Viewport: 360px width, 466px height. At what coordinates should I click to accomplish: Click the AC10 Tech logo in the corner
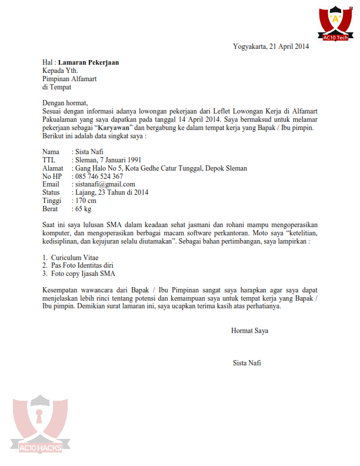[x=335, y=24]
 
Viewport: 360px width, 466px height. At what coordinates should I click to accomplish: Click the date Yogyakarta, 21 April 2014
[x=271, y=46]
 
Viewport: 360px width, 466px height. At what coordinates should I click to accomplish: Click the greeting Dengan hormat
[x=65, y=103]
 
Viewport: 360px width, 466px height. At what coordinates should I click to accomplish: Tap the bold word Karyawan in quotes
[x=114, y=128]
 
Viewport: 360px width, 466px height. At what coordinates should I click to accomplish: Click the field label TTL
[x=50, y=160]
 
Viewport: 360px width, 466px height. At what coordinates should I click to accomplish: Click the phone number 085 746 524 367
[x=99, y=177]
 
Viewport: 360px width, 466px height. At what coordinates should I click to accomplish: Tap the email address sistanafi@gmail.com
[x=105, y=184]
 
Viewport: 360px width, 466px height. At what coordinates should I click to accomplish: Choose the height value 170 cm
[x=86, y=201]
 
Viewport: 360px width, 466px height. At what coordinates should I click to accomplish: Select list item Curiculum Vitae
[x=74, y=258]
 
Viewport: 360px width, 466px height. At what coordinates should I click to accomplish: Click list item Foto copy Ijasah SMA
[x=83, y=274]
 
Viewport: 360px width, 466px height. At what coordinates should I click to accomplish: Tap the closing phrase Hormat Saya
[x=249, y=331]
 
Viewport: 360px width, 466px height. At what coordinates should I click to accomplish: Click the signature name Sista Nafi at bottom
[x=247, y=363]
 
